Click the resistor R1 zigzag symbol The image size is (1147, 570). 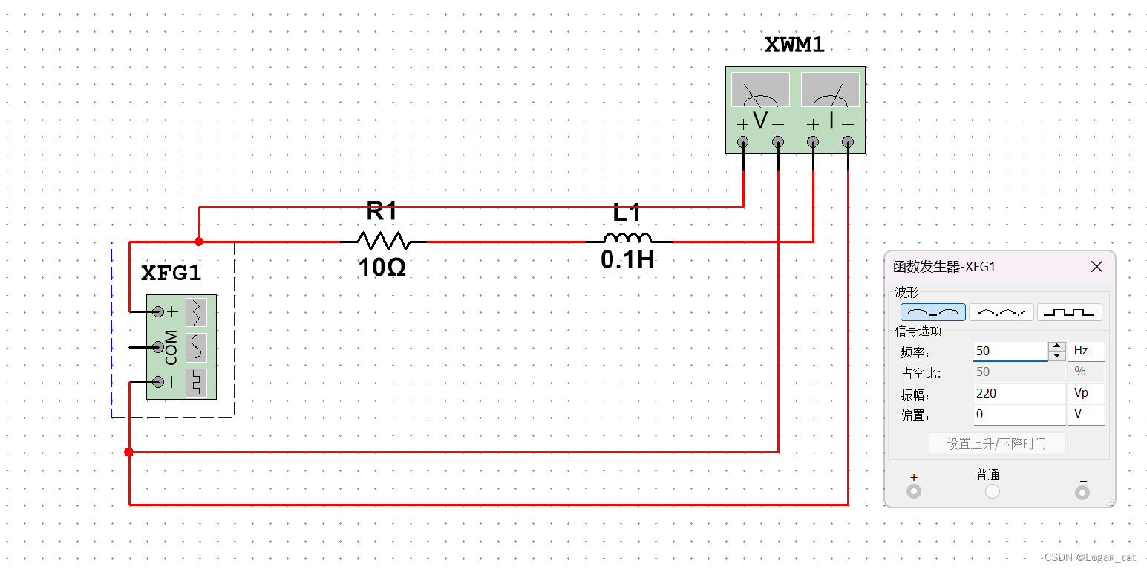coord(383,241)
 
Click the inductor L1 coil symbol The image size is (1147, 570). coord(628,239)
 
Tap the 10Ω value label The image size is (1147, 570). coord(382,268)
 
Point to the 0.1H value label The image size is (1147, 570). coord(627,260)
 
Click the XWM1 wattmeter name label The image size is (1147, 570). coord(794,45)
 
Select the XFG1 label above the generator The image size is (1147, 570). coord(171,273)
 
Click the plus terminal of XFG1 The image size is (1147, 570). coord(157,311)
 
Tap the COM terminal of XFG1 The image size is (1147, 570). coord(157,346)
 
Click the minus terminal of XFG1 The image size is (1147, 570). coord(157,382)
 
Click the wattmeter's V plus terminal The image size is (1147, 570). coord(742,142)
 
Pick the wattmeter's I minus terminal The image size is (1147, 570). coord(848,142)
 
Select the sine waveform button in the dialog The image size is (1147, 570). coord(933,312)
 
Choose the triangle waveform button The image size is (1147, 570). coord(1001,312)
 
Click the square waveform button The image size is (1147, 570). coord(1069,312)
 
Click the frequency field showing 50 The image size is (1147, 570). coord(1010,351)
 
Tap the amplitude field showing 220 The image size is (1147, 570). coord(1019,393)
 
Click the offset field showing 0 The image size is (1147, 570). coord(1019,414)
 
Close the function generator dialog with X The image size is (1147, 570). coord(1097,267)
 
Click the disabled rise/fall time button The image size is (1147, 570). coord(997,444)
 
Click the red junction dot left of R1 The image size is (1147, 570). coord(199,242)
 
